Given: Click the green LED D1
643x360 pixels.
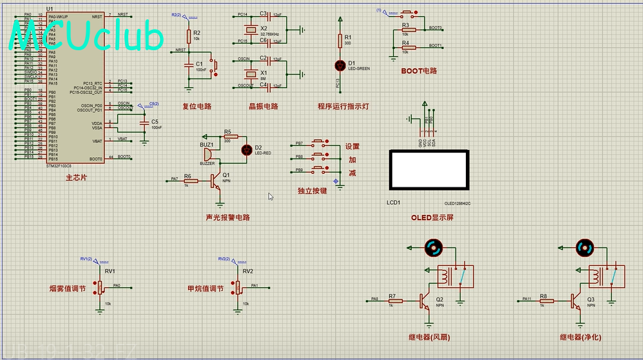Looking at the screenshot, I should tap(340, 65).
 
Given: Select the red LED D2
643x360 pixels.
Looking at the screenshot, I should tap(245, 149).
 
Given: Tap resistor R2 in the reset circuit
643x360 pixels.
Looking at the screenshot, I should tap(189, 36).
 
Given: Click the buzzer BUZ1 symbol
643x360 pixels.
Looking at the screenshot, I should tap(208, 155).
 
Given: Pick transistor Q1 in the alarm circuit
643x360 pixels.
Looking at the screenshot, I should tap(215, 181).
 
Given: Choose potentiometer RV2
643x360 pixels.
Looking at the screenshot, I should tap(238, 287).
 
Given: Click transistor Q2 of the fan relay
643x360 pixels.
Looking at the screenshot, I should tap(425, 300).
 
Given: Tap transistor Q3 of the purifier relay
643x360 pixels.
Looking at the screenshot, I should tap(575, 300).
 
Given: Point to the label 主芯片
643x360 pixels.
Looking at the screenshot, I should tap(76, 178).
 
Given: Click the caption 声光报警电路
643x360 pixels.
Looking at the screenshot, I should tap(227, 218).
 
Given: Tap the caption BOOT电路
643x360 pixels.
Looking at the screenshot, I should tap(419, 71).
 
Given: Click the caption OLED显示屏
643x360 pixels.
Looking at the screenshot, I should tap(432, 218).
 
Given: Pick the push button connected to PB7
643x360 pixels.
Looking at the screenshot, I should tap(319, 143).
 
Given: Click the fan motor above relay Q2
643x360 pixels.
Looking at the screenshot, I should tap(432, 247).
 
